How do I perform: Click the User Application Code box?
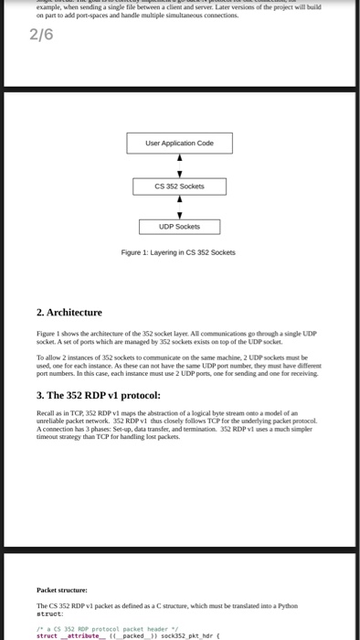tap(179, 143)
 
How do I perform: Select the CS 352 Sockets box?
tap(179, 186)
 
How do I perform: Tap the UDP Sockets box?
tap(179, 227)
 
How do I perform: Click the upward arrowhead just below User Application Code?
tap(179, 157)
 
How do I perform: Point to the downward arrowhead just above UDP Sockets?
tap(179, 214)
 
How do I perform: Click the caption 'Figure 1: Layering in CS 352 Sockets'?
tap(179, 252)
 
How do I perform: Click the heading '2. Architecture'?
tap(69, 313)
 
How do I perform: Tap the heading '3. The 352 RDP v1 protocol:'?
tap(99, 395)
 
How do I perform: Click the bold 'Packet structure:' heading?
tap(62, 591)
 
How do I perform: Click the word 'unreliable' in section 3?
tap(51, 421)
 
